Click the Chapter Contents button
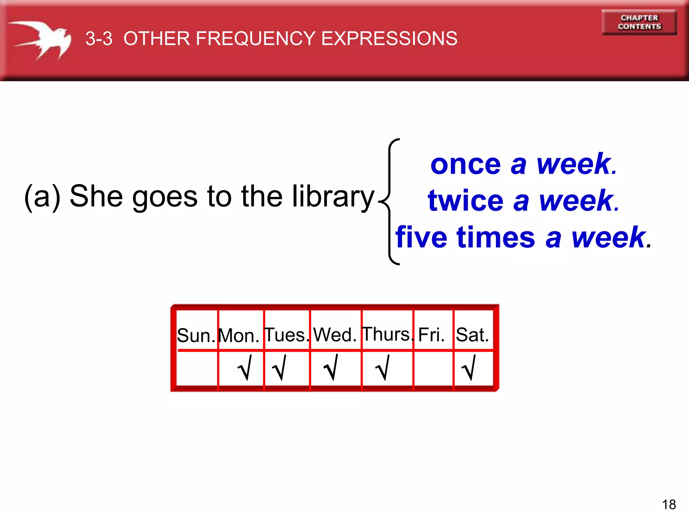tap(639, 22)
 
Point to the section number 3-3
tap(99, 39)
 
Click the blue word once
tap(466, 165)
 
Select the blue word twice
tap(466, 201)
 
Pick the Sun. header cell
tap(196, 335)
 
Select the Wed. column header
tap(335, 335)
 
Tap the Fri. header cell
tap(432, 335)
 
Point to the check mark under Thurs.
tap(383, 368)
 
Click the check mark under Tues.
tap(280, 368)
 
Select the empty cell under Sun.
tap(197, 369)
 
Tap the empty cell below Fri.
tap(433, 369)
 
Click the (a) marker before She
tap(42, 197)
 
